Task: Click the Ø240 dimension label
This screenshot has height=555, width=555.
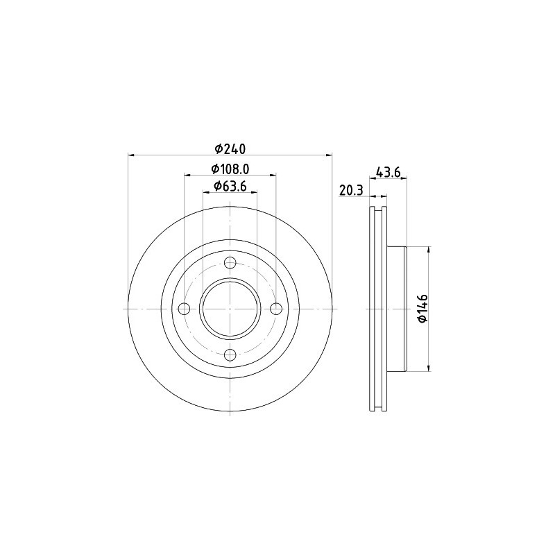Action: click(230, 149)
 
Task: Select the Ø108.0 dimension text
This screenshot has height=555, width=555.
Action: click(230, 169)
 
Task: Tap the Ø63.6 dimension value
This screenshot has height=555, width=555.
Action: click(230, 186)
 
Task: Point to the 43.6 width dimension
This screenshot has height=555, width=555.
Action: click(388, 172)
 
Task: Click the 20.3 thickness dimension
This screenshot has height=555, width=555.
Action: click(351, 190)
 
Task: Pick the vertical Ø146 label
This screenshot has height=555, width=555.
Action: click(423, 308)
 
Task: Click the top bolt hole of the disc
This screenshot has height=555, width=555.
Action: click(230, 263)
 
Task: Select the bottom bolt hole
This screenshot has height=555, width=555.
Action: click(230, 355)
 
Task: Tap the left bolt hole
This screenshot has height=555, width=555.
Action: click(185, 309)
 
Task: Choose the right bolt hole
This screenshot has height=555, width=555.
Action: click(275, 309)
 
